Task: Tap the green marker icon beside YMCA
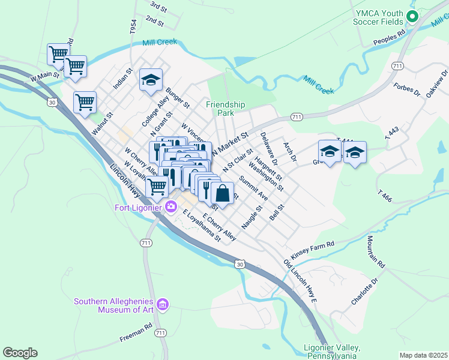412,16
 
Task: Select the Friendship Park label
226,109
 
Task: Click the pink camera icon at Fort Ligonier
171,208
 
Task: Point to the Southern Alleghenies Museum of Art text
114,305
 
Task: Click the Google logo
20,353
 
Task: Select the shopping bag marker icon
222,194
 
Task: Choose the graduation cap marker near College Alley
151,79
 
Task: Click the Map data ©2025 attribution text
423,355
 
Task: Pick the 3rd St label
158,7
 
